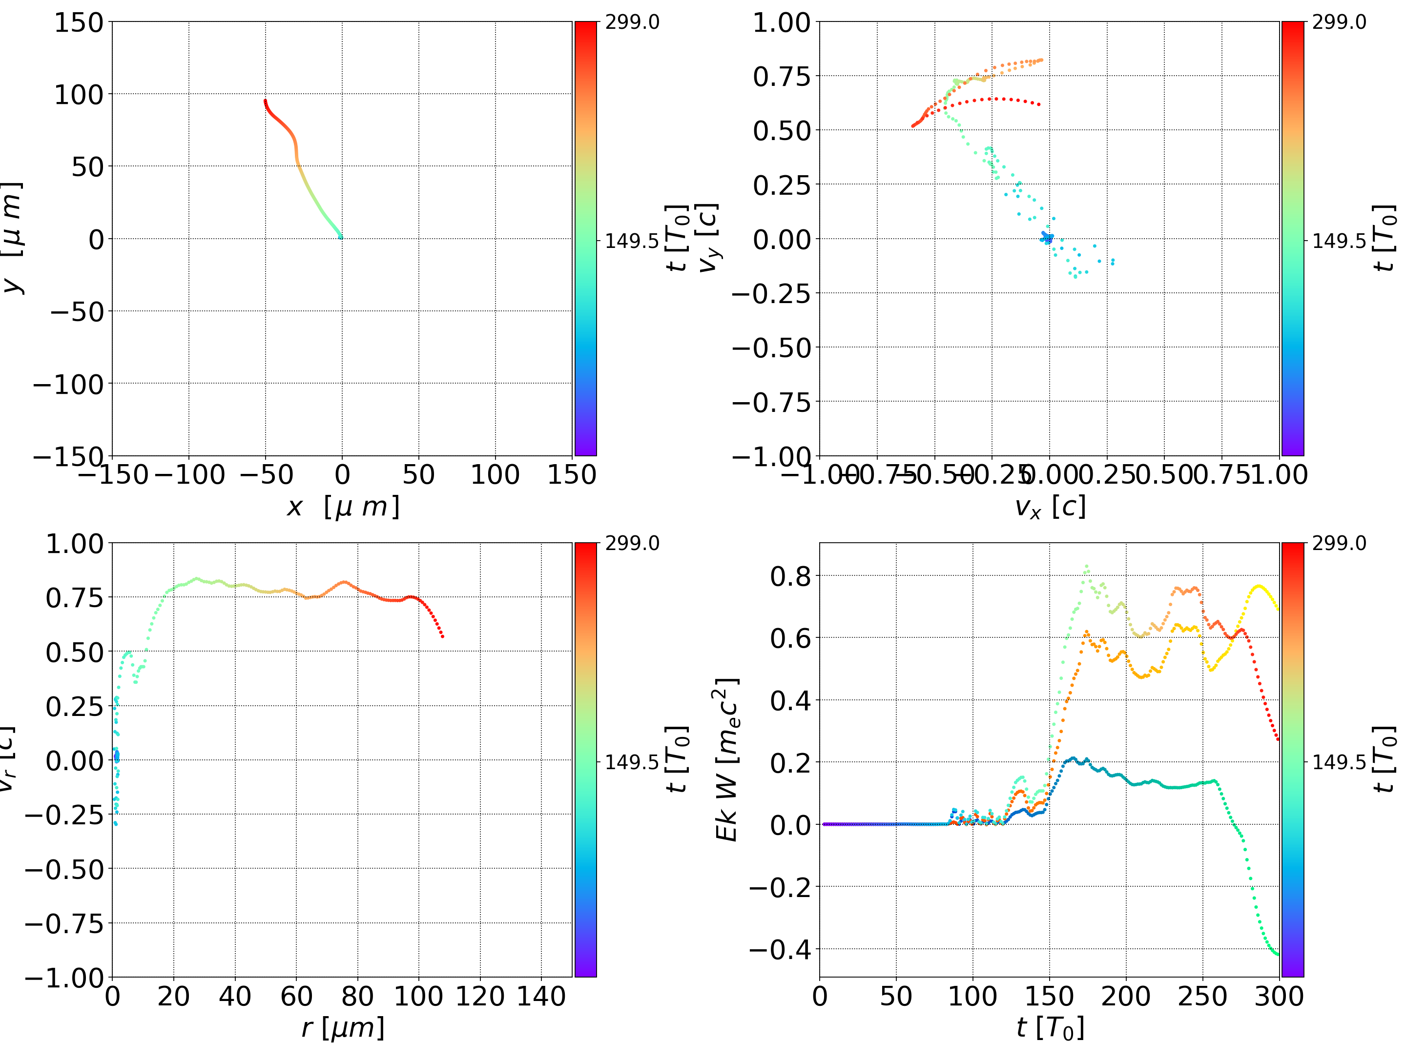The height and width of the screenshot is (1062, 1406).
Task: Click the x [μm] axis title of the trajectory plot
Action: click(343, 507)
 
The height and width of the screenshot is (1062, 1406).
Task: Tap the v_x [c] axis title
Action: click(1050, 507)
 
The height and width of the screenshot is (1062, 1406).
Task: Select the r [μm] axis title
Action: click(343, 1028)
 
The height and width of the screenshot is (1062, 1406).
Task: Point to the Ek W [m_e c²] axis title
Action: click(726, 759)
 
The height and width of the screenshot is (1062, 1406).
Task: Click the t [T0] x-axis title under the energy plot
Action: click(1050, 1028)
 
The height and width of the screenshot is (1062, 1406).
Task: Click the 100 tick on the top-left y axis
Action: click(78, 95)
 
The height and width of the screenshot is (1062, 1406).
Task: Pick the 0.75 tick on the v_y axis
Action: click(782, 76)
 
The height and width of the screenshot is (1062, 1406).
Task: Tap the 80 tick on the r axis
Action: click(357, 996)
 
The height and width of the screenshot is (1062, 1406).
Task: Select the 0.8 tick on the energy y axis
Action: click(791, 576)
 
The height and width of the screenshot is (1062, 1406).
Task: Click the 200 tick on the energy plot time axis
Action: click(1126, 996)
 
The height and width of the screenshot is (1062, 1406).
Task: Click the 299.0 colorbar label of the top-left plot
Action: click(632, 22)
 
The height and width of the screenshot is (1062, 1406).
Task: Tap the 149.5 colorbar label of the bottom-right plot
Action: click(1339, 761)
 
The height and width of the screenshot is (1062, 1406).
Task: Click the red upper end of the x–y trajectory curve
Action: click(265, 101)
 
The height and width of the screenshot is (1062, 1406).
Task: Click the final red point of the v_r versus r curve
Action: click(442, 636)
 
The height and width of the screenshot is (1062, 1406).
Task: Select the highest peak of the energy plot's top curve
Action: click(1087, 566)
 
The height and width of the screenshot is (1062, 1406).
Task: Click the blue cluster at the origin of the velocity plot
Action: click(1046, 238)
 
